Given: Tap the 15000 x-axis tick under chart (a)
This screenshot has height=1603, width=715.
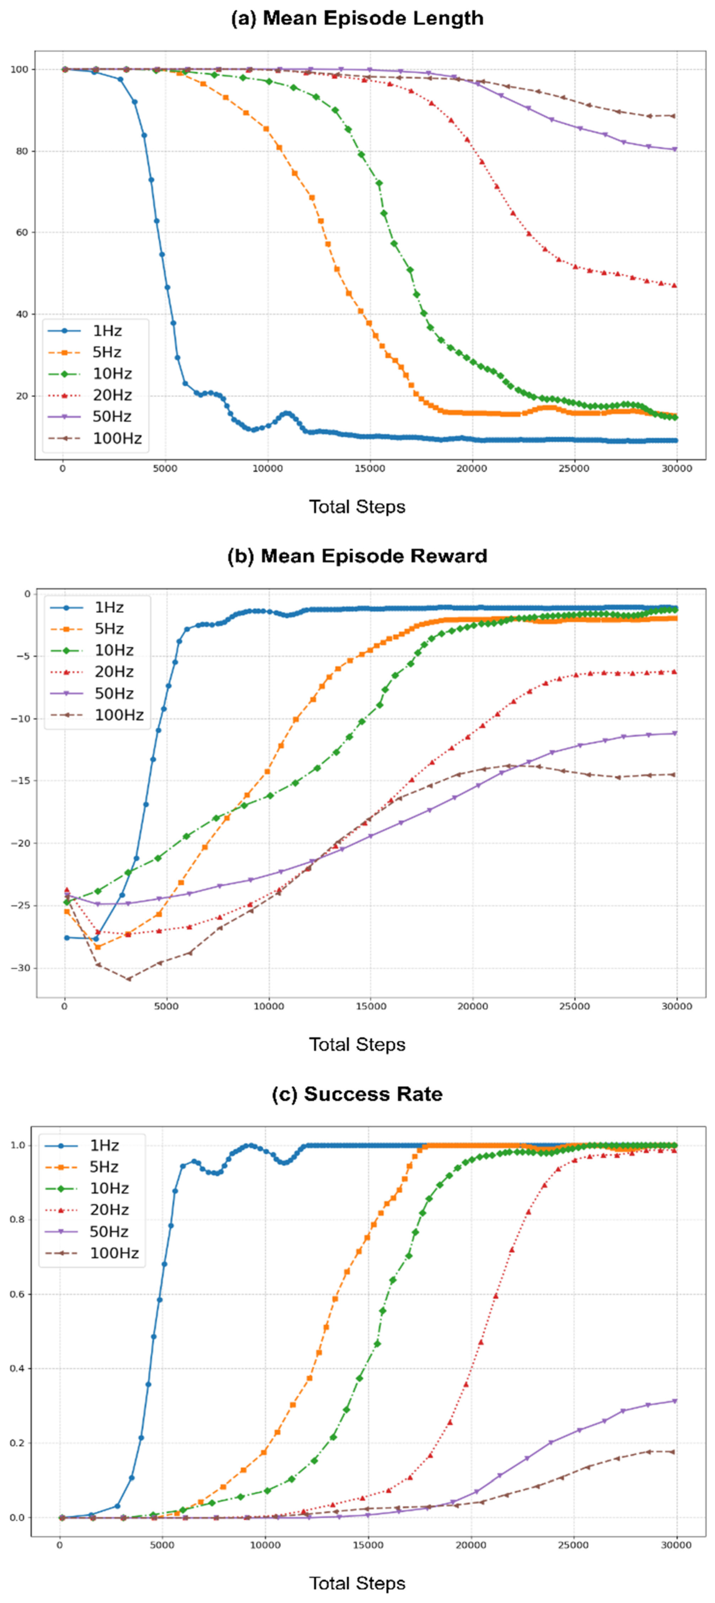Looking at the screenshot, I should pos(370,469).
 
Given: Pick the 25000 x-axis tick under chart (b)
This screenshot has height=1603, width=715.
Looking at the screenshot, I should pos(574,1006).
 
